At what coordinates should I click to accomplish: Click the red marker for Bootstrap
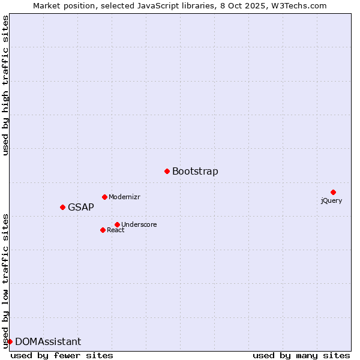tap(167, 172)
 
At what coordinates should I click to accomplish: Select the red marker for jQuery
tap(333, 192)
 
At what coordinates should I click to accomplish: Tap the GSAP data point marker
tap(62, 207)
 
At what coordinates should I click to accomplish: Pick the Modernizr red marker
tap(104, 197)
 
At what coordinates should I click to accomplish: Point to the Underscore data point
tap(117, 224)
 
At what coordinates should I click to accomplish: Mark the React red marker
tap(103, 230)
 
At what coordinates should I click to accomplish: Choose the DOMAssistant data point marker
tap(10, 341)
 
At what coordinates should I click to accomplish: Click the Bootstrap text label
tap(195, 172)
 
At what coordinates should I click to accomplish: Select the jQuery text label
tap(331, 200)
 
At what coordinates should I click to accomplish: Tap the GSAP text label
tap(81, 208)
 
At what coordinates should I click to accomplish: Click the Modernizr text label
tap(124, 197)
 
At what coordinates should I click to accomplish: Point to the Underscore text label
tap(139, 224)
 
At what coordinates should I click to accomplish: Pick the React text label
tap(116, 230)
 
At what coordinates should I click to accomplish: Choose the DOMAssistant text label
tap(48, 342)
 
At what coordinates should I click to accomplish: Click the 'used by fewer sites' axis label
tap(62, 355)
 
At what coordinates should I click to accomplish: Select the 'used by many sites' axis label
tap(301, 355)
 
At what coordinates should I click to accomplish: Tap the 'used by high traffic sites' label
tap(6, 85)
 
